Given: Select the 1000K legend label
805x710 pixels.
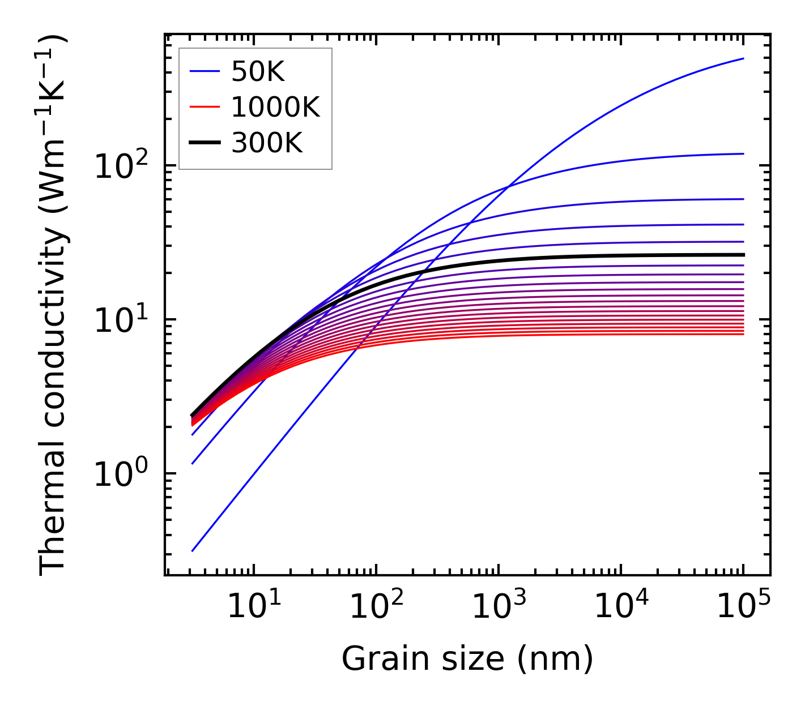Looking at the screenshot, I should (276, 107).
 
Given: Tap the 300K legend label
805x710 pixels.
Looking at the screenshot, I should (267, 143).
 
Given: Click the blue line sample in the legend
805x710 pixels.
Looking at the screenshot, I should (205, 71).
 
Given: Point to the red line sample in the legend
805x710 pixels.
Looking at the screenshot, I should (205, 107).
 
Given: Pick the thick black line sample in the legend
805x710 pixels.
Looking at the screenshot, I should (205, 143).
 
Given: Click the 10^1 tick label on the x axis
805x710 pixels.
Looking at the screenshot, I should (253, 608).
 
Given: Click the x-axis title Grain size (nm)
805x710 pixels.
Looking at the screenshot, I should (467, 659).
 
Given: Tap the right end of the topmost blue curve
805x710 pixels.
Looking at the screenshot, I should (743, 58).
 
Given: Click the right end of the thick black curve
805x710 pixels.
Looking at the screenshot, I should (743, 255).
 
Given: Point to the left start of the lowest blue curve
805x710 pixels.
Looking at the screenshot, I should (193, 550).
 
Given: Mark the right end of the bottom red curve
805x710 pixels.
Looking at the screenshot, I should (743, 334).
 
